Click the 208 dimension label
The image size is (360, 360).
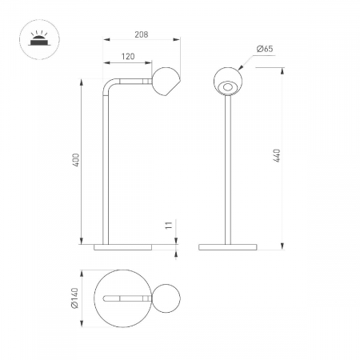pyautogui.click(x=142, y=34)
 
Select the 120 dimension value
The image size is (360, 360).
pyautogui.click(x=128, y=57)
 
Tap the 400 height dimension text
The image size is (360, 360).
pyautogui.click(x=76, y=160)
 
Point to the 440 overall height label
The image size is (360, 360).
pyautogui.click(x=277, y=156)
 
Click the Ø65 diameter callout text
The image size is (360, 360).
pyautogui.click(x=265, y=49)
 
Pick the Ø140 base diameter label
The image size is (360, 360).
pyautogui.click(x=75, y=298)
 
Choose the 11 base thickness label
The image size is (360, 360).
pyautogui.click(x=169, y=225)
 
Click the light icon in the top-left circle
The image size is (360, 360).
pyautogui.click(x=39, y=39)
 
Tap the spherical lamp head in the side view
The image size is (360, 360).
pyautogui.click(x=166, y=82)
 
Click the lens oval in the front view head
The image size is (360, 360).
pyautogui.click(x=227, y=87)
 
